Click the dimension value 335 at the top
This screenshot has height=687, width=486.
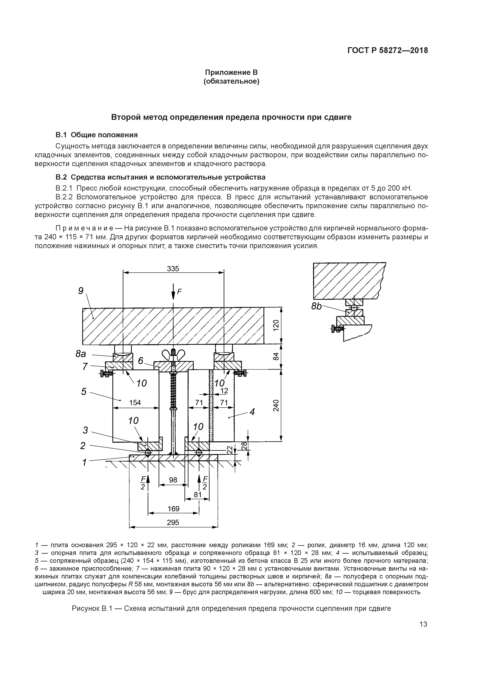coord(173,269)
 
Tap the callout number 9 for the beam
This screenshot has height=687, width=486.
coord(81,291)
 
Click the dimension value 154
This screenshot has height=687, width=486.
coord(135,403)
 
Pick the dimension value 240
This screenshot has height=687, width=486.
coord(276,405)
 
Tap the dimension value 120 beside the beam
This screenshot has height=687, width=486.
coord(276,325)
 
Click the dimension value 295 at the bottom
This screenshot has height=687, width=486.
coord(173,522)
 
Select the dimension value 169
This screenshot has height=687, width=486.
coord(173,509)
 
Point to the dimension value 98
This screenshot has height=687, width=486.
coord(173,480)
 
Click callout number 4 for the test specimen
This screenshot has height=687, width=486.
coord(252,412)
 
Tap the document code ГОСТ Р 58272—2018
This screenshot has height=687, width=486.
coord(387,51)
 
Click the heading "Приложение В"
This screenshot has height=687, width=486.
coord(231,72)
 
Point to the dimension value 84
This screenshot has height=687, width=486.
coord(276,356)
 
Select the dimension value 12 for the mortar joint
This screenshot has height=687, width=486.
coord(224,391)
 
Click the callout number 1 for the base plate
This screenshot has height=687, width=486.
coord(84,463)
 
